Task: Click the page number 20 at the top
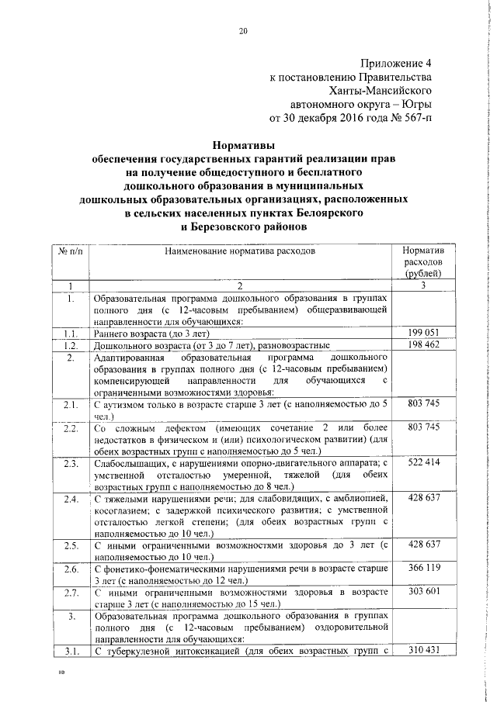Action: (242, 32)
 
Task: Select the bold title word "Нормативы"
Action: (243, 144)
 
